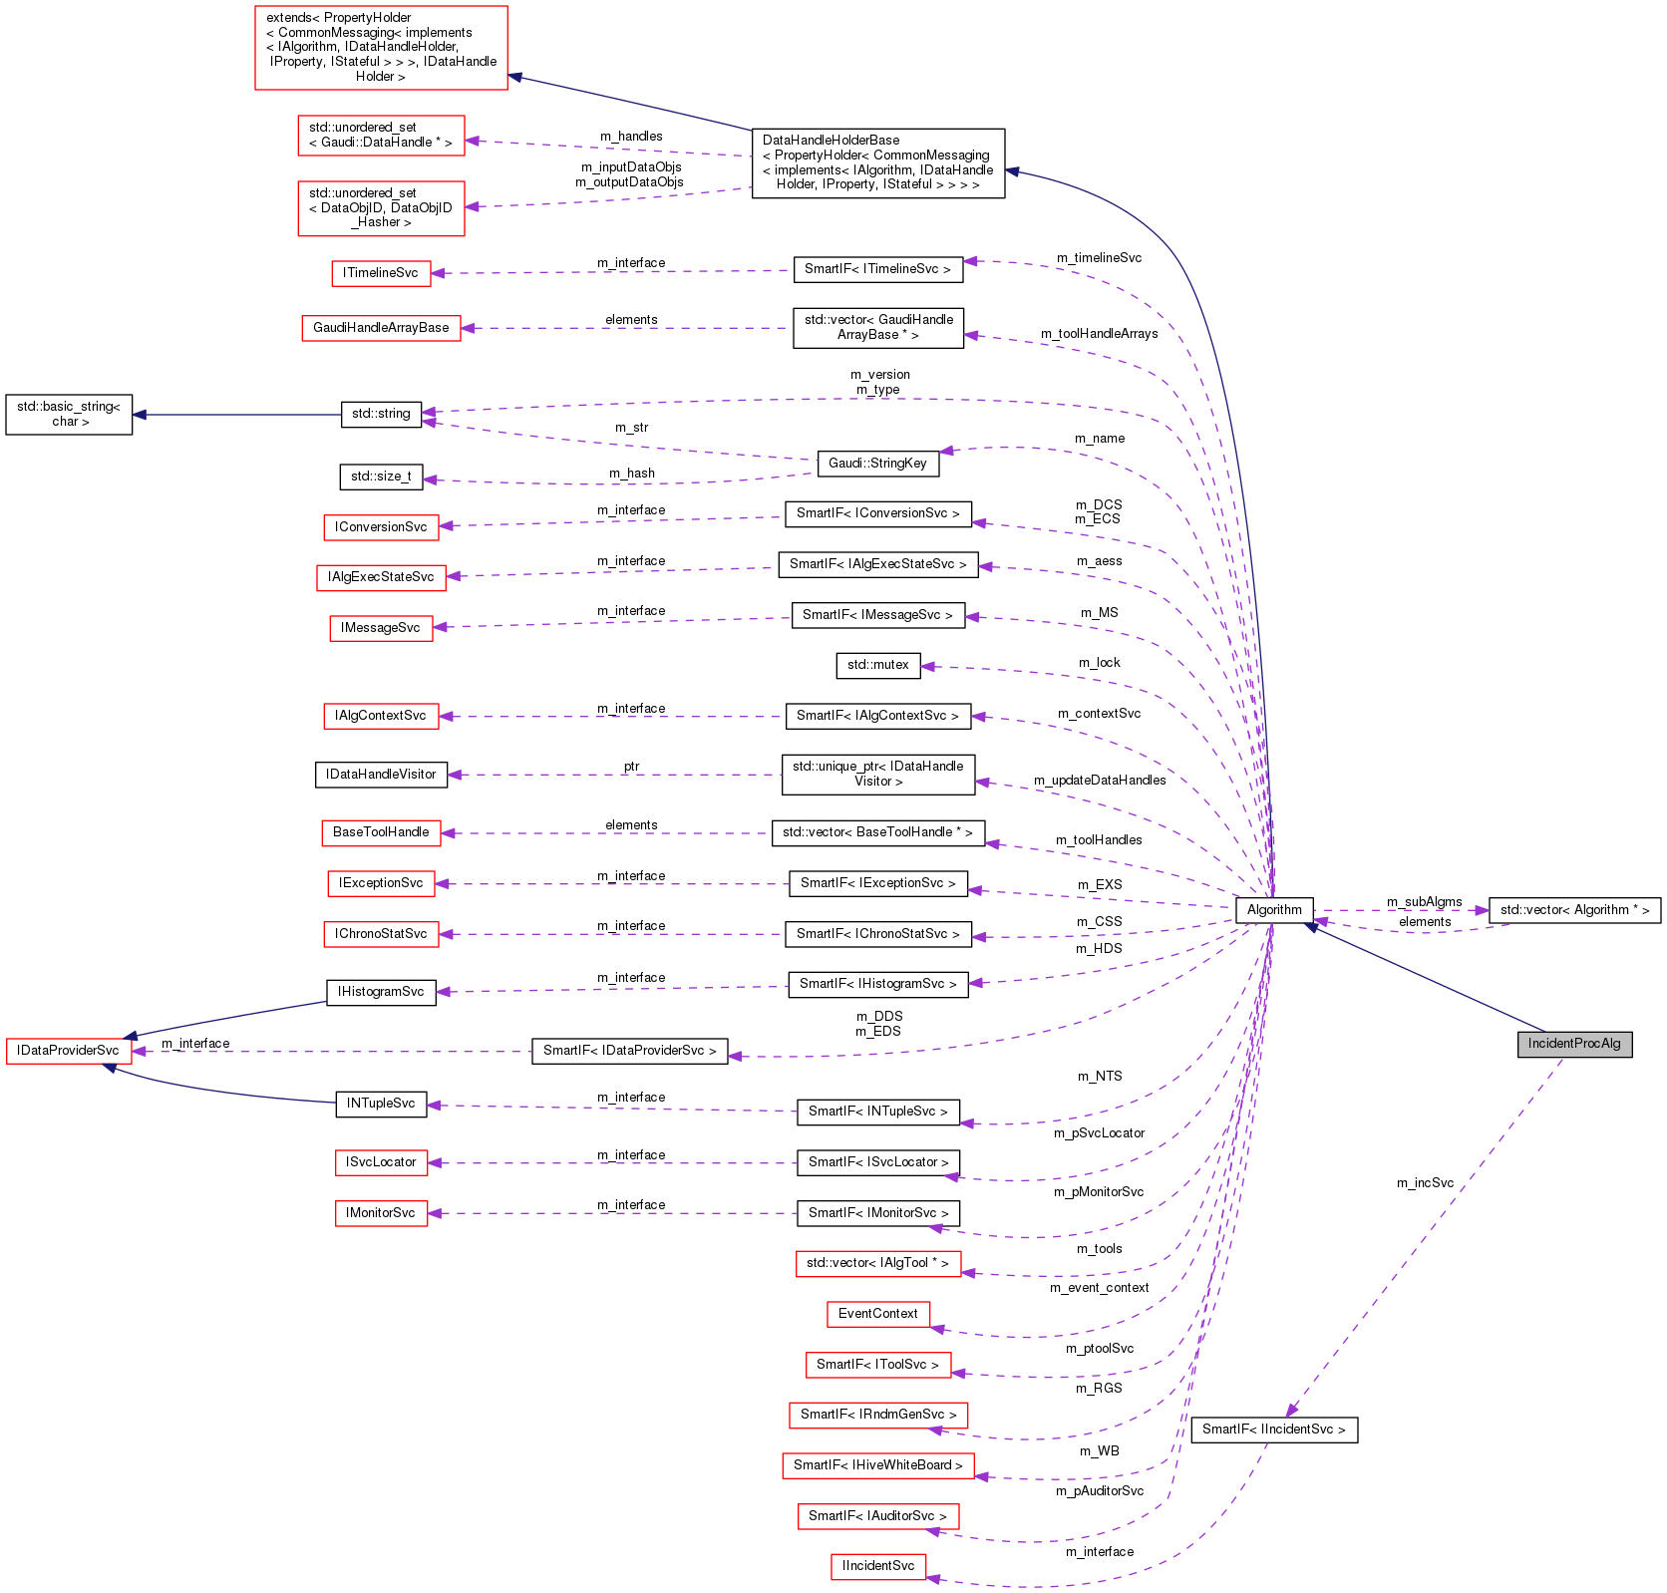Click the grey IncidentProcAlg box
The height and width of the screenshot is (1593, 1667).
(1574, 1044)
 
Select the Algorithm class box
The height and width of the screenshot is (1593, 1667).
(1274, 909)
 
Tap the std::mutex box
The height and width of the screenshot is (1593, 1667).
(877, 665)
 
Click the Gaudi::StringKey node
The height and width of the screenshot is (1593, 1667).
(877, 463)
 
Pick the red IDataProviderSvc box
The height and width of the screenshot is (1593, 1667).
(68, 1051)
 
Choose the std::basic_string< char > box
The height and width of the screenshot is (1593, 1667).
(69, 414)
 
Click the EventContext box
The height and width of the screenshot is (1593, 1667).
(877, 1314)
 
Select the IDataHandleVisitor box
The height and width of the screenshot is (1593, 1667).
(381, 775)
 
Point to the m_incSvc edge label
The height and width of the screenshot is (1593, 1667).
(1425, 1183)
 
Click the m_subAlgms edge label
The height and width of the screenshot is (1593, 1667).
(1424, 902)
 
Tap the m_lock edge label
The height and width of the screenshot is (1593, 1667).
(1099, 663)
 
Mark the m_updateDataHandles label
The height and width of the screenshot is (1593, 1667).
(1100, 781)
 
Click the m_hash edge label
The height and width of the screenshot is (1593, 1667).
(632, 474)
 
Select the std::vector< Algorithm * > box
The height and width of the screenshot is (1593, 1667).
(1574, 910)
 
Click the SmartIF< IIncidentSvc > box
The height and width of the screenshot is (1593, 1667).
(1273, 1430)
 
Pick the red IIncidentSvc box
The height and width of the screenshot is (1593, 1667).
(877, 1566)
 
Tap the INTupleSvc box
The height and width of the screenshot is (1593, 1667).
(381, 1104)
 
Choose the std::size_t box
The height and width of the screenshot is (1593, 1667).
(381, 477)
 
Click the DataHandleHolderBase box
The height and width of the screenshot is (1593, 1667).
(877, 162)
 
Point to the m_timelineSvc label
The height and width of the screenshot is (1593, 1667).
(1099, 258)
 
